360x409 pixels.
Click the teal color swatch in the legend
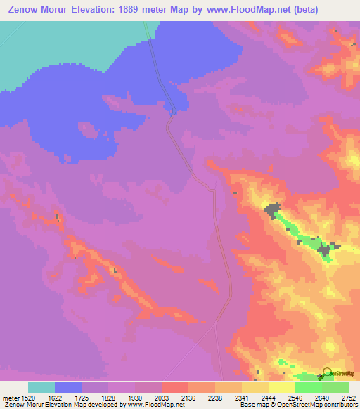pyautogui.click(x=41, y=387)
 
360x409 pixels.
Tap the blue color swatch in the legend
pyautogui.click(x=68, y=387)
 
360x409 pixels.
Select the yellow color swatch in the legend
pyautogui.click(x=255, y=387)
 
